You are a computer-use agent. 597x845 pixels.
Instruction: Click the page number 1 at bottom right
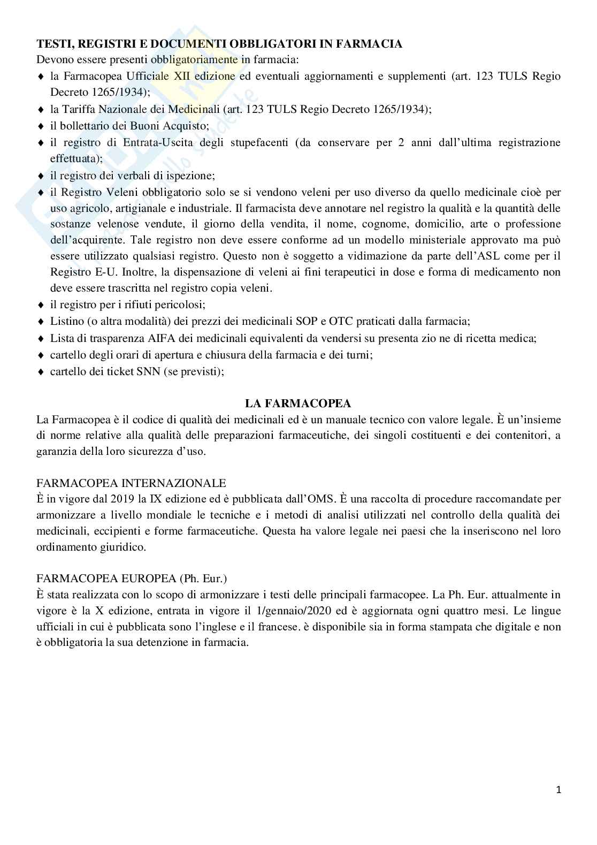[x=558, y=790]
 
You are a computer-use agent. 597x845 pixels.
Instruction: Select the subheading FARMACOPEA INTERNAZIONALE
[x=131, y=483]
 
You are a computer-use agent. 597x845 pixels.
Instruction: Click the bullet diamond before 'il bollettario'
[x=41, y=126]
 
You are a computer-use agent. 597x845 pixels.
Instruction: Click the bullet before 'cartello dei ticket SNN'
[x=41, y=372]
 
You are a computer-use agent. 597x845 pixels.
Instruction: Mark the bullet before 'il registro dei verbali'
[x=41, y=176]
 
